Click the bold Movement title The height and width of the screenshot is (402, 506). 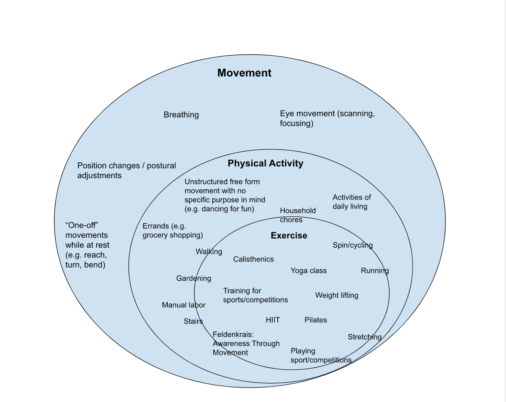coord(244,73)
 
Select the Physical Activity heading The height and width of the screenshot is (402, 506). coord(265,163)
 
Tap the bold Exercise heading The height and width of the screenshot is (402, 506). coord(289,236)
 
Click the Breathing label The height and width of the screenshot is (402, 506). coord(181,115)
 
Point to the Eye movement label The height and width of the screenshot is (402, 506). coord(327,118)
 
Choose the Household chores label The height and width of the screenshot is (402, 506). coord(298,215)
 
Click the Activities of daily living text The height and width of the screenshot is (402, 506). coord(352,202)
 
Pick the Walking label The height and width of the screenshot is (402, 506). coord(209,252)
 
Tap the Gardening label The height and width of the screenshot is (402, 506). coord(194,278)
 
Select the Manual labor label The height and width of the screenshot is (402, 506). coord(184,305)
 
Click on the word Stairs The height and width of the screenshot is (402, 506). coord(193,321)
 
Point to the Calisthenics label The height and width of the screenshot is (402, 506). coord(253,259)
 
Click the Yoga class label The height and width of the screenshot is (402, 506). coord(308,271)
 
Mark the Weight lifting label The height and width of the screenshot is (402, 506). coord(336,295)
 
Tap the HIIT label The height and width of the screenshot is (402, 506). coord(273,320)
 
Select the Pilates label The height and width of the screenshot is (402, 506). coord(315,320)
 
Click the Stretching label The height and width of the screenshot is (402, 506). coord(364,337)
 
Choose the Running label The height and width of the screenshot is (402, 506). coord(374,271)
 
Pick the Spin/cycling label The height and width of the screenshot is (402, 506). coord(353,245)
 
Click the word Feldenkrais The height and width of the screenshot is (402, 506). coord(233,335)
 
